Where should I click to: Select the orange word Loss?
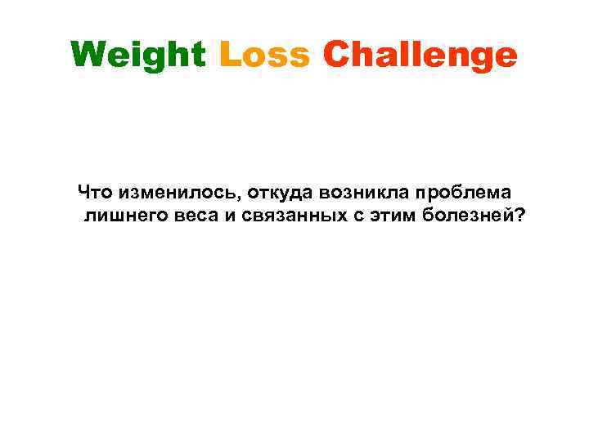(264, 56)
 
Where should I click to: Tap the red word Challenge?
(420, 56)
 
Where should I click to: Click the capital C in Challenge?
(337, 56)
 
